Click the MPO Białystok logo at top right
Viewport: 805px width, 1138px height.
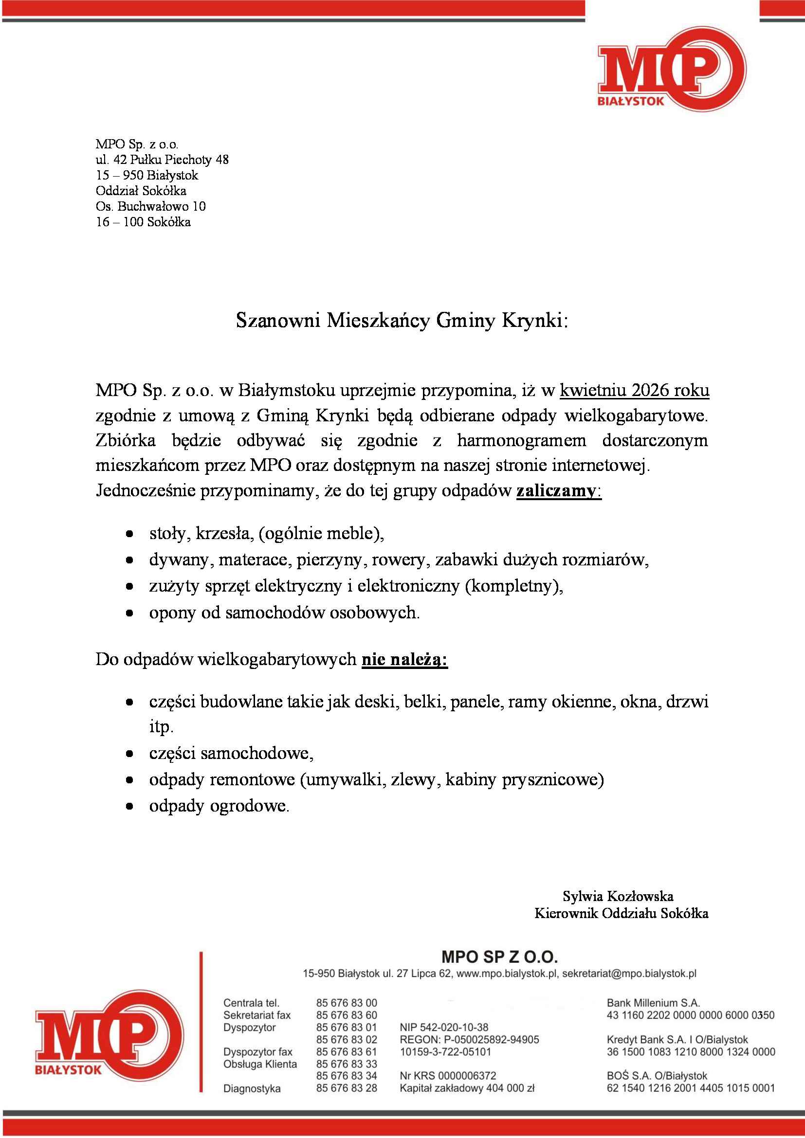pyautogui.click(x=672, y=73)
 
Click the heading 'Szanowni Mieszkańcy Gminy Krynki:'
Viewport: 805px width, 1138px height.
pyautogui.click(x=402, y=321)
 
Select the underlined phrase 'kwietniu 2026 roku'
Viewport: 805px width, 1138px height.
pyautogui.click(x=635, y=391)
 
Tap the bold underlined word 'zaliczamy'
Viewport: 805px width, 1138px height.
pyautogui.click(x=556, y=491)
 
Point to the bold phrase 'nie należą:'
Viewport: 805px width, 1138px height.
pyautogui.click(x=404, y=659)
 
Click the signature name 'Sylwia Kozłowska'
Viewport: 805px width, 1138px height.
pyautogui.click(x=618, y=896)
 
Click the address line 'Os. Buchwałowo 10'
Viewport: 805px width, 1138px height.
pyautogui.click(x=151, y=206)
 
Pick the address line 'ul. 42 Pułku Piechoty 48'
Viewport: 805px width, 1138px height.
pyautogui.click(x=162, y=160)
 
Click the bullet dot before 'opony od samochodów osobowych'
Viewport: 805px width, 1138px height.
pyautogui.click(x=129, y=613)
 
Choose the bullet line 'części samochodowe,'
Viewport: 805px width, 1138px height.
pyautogui.click(x=232, y=753)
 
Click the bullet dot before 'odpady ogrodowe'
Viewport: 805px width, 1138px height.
pyautogui.click(x=129, y=806)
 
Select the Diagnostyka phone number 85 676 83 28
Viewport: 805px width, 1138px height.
pyautogui.click(x=347, y=1088)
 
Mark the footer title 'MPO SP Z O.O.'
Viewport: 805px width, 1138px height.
pyautogui.click(x=500, y=957)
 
